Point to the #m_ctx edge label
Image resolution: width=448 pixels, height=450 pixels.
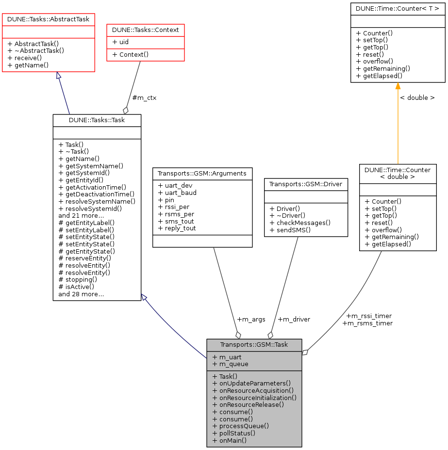pyautogui.click(x=144, y=97)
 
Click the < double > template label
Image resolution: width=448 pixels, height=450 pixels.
pyautogui.click(x=417, y=97)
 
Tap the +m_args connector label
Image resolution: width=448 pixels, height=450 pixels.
pyautogui.click(x=251, y=319)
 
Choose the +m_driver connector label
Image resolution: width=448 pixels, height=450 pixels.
pyautogui.click(x=294, y=319)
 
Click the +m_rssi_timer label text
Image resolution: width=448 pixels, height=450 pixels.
pyautogui.click(x=369, y=316)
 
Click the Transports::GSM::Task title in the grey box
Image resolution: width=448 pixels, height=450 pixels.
pyautogui.click(x=254, y=345)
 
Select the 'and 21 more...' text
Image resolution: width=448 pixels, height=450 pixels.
pyautogui.click(x=81, y=215)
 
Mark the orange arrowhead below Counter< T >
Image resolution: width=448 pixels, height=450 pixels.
pyautogui.click(x=398, y=86)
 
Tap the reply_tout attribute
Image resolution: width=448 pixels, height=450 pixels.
pyautogui.click(x=177, y=228)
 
